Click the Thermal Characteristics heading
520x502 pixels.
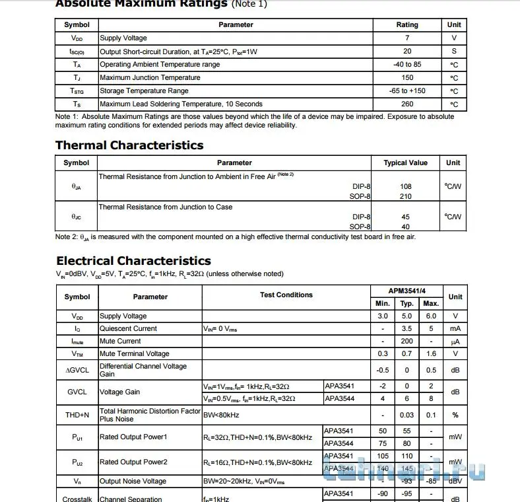pyautogui.click(x=129, y=145)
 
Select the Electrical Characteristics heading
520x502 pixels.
pyautogui.click(x=133, y=261)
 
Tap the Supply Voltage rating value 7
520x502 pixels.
pyautogui.click(x=407, y=38)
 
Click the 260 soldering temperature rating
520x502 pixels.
pyautogui.click(x=407, y=104)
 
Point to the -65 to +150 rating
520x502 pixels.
pyautogui.click(x=407, y=91)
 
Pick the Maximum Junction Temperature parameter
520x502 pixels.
pyautogui.click(x=150, y=78)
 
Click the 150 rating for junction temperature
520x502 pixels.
pyautogui.click(x=407, y=78)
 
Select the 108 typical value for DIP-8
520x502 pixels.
pyautogui.click(x=405, y=187)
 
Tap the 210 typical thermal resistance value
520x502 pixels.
pyautogui.click(x=405, y=196)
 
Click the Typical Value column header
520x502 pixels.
pyautogui.click(x=405, y=163)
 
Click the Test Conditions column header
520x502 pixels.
pyautogui.click(x=286, y=295)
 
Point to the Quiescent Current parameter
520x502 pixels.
pyautogui.click(x=128, y=328)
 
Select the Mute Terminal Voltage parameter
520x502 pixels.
pyautogui.click(x=134, y=354)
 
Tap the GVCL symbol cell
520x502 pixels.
pyautogui.click(x=77, y=392)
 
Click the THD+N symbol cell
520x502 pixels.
pyautogui.click(x=77, y=415)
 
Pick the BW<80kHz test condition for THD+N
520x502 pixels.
pyautogui.click(x=221, y=415)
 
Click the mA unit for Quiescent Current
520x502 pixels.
pyautogui.click(x=455, y=328)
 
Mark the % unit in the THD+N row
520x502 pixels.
pyautogui.click(x=455, y=415)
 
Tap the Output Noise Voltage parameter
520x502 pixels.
pyautogui.click(x=133, y=482)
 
